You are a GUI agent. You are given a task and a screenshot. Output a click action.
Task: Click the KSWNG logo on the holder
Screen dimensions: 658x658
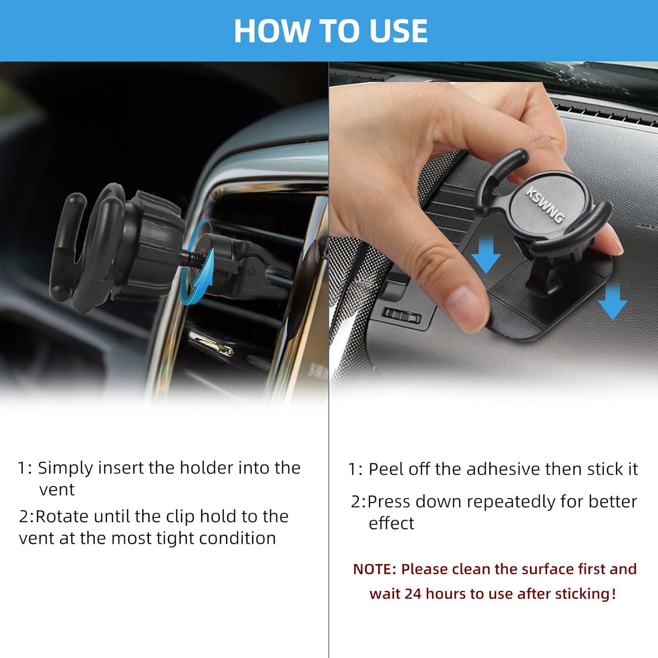[x=545, y=205]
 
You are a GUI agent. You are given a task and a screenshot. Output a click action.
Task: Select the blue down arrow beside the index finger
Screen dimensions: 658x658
[x=486, y=254]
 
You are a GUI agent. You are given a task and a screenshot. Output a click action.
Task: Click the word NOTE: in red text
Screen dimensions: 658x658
[x=375, y=569]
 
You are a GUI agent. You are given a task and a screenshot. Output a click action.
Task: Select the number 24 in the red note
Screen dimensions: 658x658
[x=413, y=594]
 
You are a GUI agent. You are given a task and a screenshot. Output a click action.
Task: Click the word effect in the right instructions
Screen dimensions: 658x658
[x=391, y=523]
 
